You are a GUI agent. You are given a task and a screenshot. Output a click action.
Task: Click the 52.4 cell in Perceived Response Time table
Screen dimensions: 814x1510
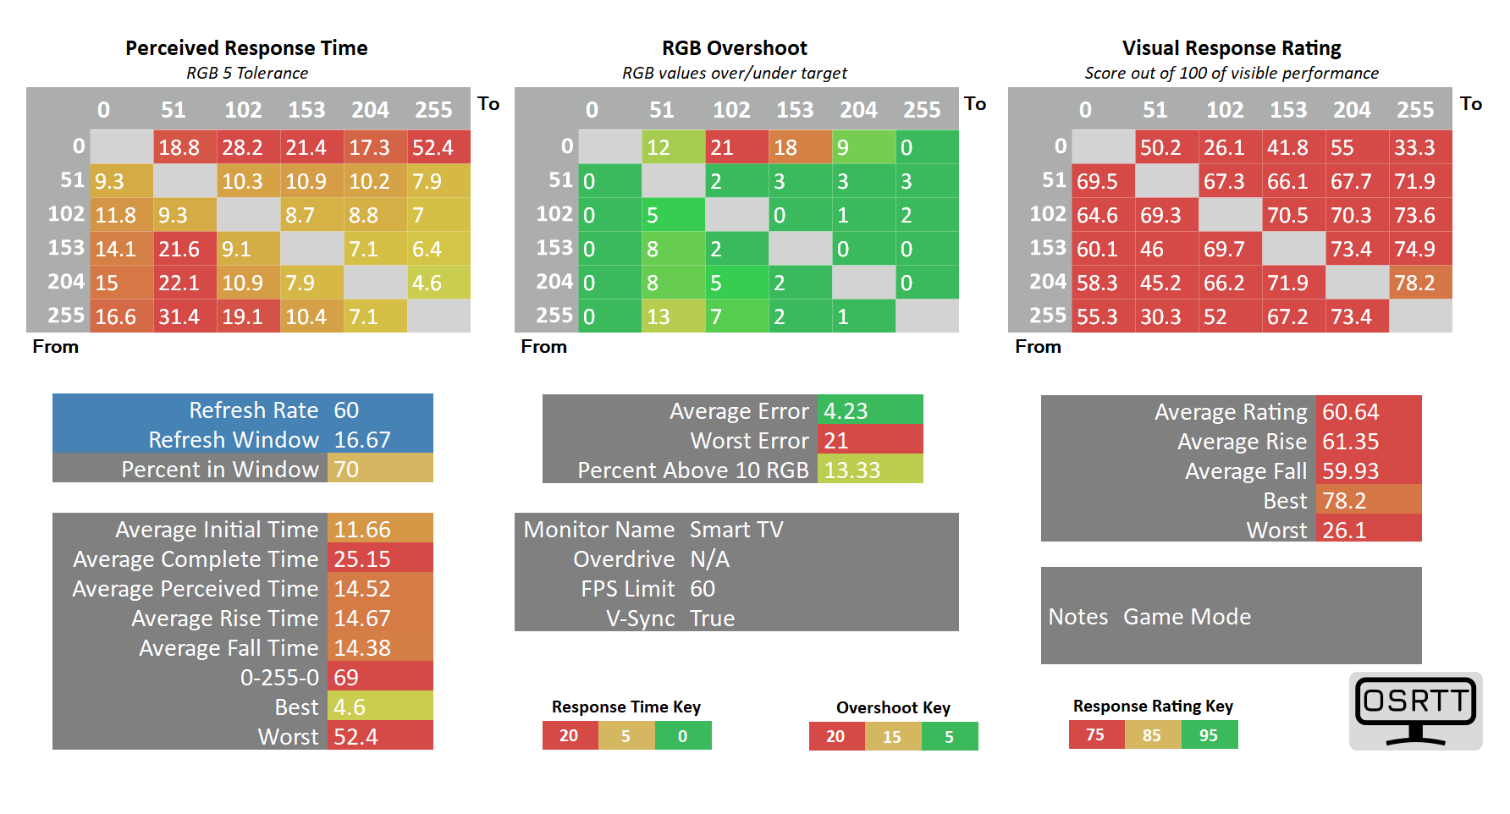(438, 147)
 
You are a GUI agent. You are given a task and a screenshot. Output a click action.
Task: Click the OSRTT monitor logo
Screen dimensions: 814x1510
(1415, 711)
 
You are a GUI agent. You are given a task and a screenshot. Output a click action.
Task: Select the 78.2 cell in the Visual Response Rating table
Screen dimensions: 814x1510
(1419, 283)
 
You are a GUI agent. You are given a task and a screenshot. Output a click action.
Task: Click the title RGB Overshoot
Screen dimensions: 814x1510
(734, 48)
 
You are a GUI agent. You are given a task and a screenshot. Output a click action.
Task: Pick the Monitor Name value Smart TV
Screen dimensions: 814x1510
(736, 530)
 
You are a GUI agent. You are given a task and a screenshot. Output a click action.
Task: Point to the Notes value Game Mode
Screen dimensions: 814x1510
(1187, 617)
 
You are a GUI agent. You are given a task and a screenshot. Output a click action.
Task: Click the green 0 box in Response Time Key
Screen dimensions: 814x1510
(683, 736)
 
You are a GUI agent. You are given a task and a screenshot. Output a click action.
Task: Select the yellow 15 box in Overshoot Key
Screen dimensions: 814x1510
(892, 737)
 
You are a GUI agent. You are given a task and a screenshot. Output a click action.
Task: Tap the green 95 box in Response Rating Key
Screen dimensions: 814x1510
(1209, 735)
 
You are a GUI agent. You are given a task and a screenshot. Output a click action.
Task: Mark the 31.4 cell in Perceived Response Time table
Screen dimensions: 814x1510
(185, 316)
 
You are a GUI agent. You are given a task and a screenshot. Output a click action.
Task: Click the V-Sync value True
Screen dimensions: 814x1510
(712, 619)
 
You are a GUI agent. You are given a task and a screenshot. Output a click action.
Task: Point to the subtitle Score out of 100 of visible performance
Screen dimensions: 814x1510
(1232, 74)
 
